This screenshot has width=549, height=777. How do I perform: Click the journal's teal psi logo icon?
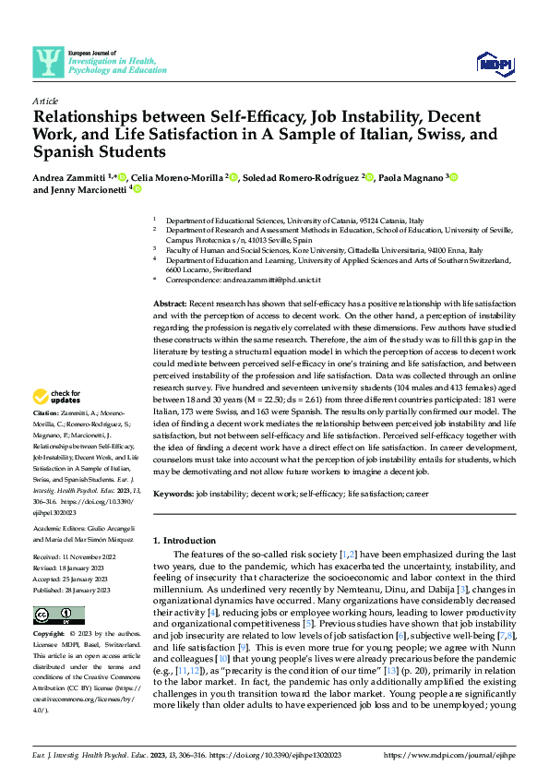point(47,62)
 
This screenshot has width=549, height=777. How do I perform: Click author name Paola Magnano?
point(410,176)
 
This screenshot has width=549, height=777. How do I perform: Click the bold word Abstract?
point(172,304)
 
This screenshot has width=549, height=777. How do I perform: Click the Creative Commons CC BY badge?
point(59,615)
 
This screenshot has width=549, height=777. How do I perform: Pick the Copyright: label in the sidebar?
point(50,635)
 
